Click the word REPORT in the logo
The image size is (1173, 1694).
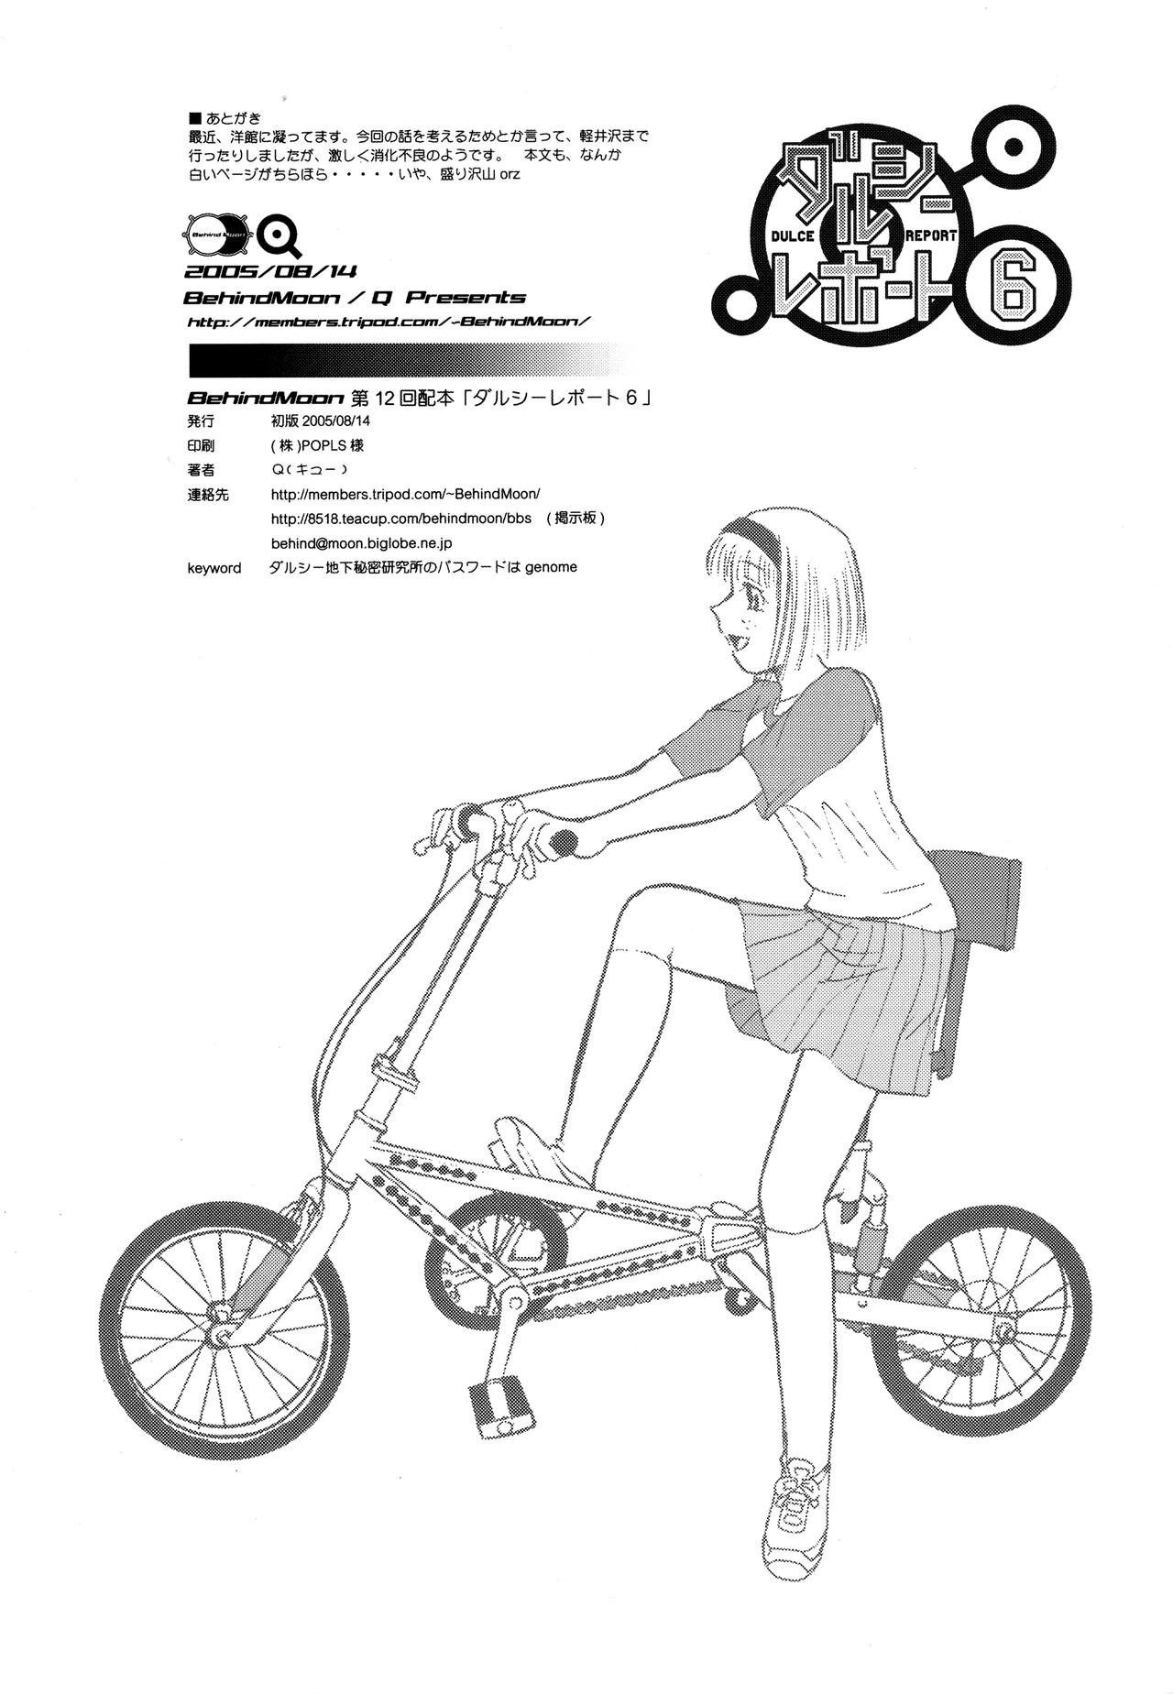pyautogui.click(x=930, y=235)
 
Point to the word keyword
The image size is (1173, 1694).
pyautogui.click(x=214, y=568)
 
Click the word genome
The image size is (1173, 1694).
pyautogui.click(x=551, y=567)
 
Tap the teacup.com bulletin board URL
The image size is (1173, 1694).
pyautogui.click(x=401, y=518)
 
